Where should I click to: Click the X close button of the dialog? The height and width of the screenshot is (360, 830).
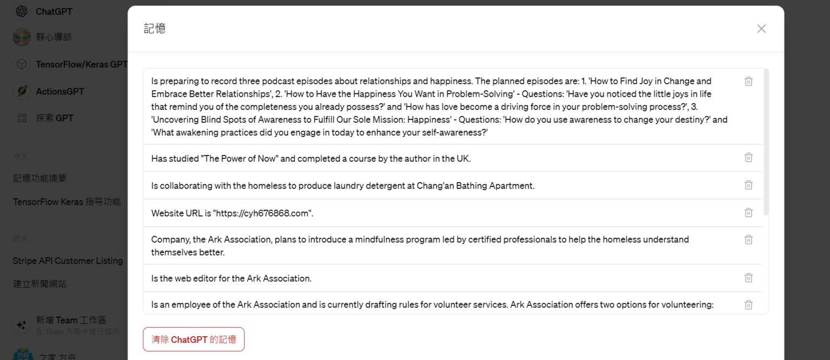click(761, 29)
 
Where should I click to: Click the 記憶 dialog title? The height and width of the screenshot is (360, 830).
click(155, 29)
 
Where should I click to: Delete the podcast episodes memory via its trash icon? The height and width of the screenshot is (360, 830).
click(748, 81)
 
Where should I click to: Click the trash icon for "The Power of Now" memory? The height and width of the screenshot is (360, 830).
click(748, 157)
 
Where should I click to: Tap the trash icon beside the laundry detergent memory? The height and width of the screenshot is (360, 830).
click(748, 185)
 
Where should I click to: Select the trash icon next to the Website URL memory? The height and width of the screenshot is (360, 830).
click(748, 212)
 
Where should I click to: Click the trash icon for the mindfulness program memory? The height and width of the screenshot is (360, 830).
click(748, 239)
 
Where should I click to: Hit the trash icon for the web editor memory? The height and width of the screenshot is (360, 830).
click(748, 278)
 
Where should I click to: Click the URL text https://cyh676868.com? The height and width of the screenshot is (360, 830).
click(263, 213)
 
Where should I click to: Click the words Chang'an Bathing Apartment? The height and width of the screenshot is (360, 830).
click(475, 186)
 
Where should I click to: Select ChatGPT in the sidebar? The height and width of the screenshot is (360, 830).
click(54, 11)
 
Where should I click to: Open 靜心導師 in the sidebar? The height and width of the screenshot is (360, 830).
click(53, 37)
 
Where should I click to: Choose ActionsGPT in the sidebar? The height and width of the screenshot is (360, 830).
click(60, 91)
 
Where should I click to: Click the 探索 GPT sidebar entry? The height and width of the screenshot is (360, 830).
click(54, 118)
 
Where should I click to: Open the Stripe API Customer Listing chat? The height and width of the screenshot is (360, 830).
click(68, 261)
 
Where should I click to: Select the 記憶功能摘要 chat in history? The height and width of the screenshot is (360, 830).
click(40, 178)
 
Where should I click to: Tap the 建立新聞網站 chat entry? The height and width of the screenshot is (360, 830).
click(40, 284)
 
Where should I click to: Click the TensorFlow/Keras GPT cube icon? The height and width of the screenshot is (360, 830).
click(22, 64)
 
